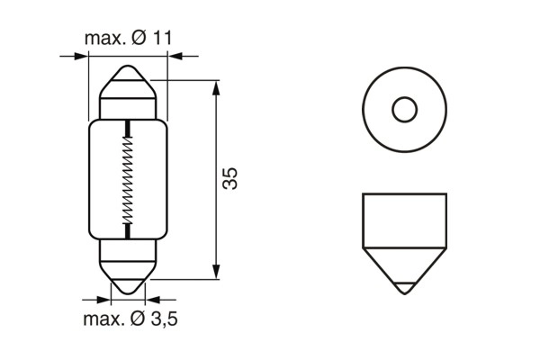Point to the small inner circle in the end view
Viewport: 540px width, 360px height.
(x=404, y=111)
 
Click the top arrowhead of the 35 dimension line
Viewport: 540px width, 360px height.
(x=216, y=86)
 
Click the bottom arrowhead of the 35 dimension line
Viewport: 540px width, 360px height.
(x=216, y=273)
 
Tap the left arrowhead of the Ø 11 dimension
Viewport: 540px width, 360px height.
(x=83, y=57)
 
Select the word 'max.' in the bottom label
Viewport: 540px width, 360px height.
(x=101, y=319)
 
